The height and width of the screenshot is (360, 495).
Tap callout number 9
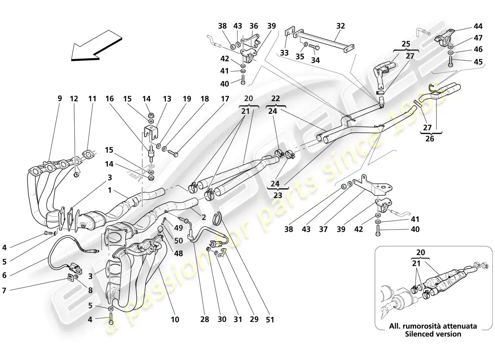click(59, 98)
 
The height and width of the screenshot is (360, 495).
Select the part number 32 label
click(341, 26)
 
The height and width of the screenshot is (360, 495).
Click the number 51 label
click(270, 319)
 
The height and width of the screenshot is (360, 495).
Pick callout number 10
click(175, 319)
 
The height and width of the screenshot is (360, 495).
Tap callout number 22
click(275, 99)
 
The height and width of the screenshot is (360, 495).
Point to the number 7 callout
click(4, 291)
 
